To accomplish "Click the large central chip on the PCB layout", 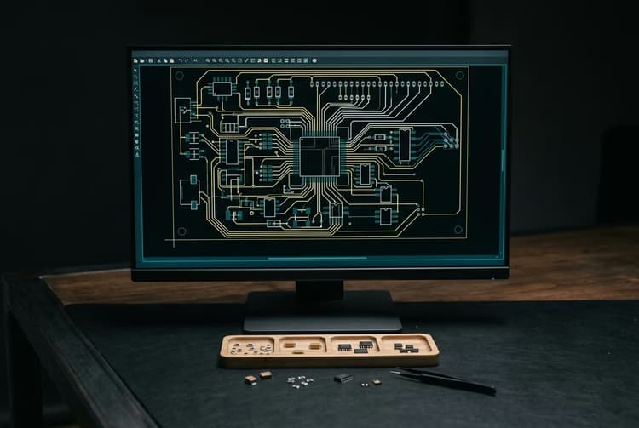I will [319, 156].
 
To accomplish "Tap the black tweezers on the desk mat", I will [443, 380].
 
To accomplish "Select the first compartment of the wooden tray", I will [248, 347].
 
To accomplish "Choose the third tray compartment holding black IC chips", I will [356, 346].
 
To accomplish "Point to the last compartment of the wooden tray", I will [407, 346].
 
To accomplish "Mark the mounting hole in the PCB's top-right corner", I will [459, 75].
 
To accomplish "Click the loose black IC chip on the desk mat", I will [343, 377].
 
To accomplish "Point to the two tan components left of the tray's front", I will [258, 377].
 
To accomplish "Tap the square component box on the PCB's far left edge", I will [182, 110].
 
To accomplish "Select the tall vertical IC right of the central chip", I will [404, 144].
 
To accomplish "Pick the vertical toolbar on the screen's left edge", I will [136, 111].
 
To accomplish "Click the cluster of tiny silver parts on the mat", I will [300, 380].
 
